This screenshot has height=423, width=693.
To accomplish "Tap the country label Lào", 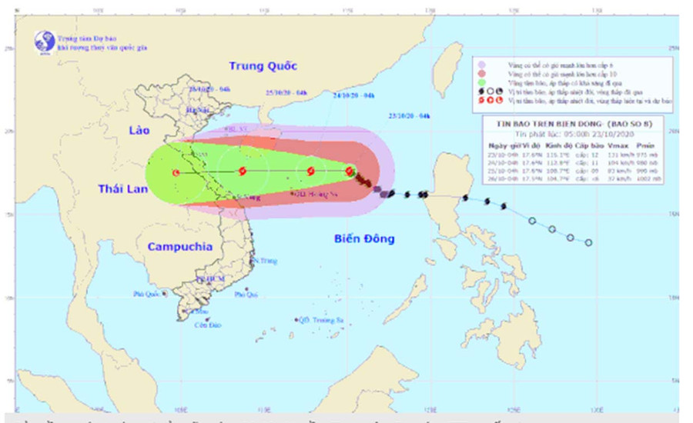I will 140,132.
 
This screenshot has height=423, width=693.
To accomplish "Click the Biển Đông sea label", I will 364,238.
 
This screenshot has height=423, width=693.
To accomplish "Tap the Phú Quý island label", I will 245,295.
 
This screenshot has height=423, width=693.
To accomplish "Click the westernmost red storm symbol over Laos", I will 176,173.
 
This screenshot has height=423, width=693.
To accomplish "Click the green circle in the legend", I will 481,82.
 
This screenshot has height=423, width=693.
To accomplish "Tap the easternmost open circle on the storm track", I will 588,243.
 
